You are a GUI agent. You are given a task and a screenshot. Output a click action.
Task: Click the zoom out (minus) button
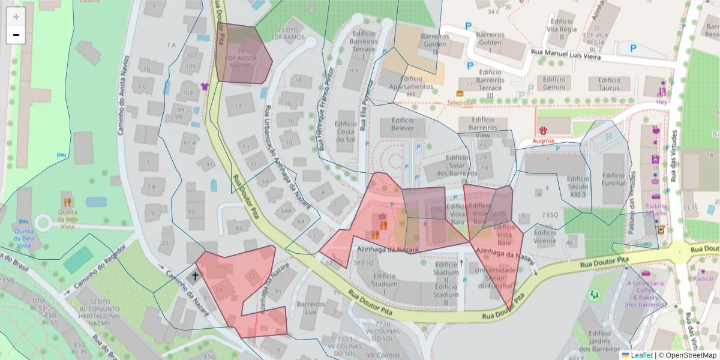point(16,35)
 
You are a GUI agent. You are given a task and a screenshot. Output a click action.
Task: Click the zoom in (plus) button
point(16,16)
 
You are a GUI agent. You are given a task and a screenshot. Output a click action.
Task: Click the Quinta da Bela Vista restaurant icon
point(68,202)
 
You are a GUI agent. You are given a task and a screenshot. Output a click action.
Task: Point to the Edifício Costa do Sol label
point(346,127)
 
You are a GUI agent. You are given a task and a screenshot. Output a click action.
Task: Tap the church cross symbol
point(195,277)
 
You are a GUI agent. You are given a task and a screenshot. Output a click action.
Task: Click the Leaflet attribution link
point(641,355)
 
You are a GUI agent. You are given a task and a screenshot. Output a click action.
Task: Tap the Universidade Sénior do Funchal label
point(495,278)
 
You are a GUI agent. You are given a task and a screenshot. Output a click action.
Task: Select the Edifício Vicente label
point(545,236)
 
